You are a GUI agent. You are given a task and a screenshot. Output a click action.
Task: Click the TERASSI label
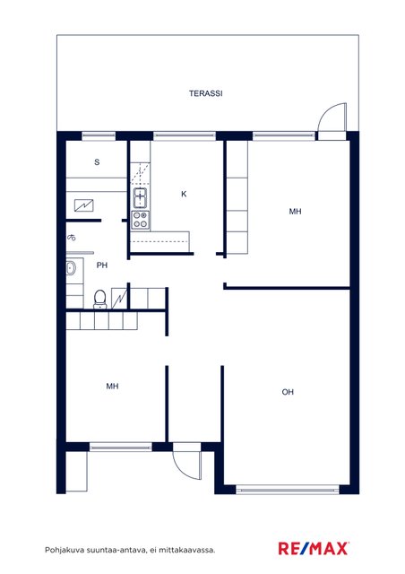205,93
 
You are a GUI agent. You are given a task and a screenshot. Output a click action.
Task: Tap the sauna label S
97,161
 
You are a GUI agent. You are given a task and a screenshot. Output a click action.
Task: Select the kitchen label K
184,194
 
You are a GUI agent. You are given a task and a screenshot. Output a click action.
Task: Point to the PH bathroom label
102,265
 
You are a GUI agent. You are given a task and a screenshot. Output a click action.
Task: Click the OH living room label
288,392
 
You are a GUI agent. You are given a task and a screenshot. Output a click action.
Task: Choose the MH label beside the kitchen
296,212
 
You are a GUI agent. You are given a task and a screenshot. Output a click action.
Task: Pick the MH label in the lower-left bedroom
112,386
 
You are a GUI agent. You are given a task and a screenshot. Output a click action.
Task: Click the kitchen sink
140,197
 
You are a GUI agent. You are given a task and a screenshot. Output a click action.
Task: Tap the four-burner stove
141,220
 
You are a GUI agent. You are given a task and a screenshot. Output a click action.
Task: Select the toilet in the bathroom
99,299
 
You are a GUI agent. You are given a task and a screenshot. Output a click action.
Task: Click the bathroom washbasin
71,269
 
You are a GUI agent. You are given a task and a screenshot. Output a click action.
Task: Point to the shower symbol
72,238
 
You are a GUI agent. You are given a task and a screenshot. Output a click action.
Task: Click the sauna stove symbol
84,205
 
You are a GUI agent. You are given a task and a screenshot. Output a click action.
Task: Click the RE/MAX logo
314,549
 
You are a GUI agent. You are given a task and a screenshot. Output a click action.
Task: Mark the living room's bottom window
288,489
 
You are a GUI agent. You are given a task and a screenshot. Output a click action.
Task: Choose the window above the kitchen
185,135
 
